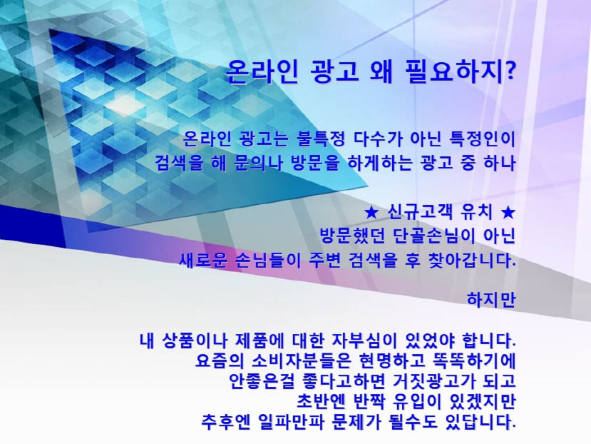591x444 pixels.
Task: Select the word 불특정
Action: click(x=321, y=138)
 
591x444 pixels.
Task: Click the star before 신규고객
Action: click(x=371, y=213)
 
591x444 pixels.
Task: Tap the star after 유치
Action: click(x=508, y=213)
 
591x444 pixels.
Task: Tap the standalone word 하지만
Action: click(x=490, y=300)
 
